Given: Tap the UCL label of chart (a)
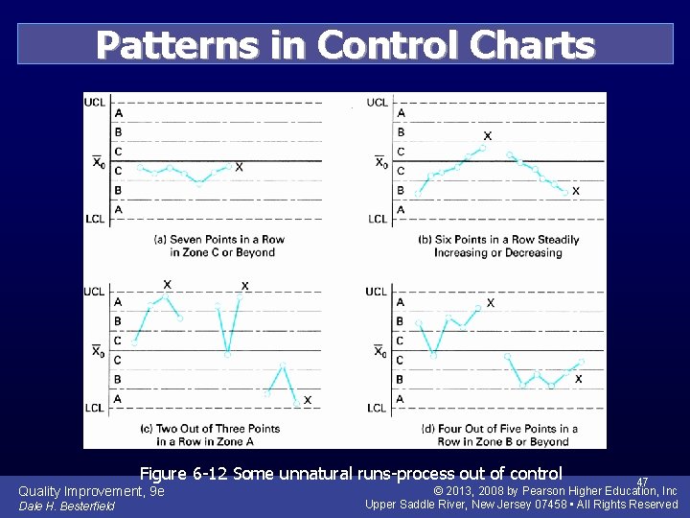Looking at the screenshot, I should tap(96, 102).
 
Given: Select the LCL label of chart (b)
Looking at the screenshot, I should tap(379, 219).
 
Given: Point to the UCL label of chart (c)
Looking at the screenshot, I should tap(96, 292).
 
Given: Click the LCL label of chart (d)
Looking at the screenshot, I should tap(378, 408).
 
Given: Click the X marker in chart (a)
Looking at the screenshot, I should tap(239, 167).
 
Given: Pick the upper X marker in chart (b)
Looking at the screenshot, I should tap(488, 136).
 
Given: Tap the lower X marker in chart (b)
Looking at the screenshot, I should tap(576, 191).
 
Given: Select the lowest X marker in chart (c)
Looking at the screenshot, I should tap(308, 399).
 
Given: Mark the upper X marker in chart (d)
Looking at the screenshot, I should tap(491, 302).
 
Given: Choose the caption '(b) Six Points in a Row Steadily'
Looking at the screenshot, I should tap(498, 239).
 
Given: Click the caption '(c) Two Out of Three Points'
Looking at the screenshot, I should tap(210, 428).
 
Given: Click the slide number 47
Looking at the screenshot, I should tap(642, 483).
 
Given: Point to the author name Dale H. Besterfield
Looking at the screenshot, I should tap(67, 506).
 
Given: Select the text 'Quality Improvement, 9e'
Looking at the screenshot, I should tap(92, 491).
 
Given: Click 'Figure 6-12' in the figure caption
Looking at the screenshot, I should tap(184, 473).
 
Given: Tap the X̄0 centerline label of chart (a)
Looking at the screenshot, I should tap(99, 162).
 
